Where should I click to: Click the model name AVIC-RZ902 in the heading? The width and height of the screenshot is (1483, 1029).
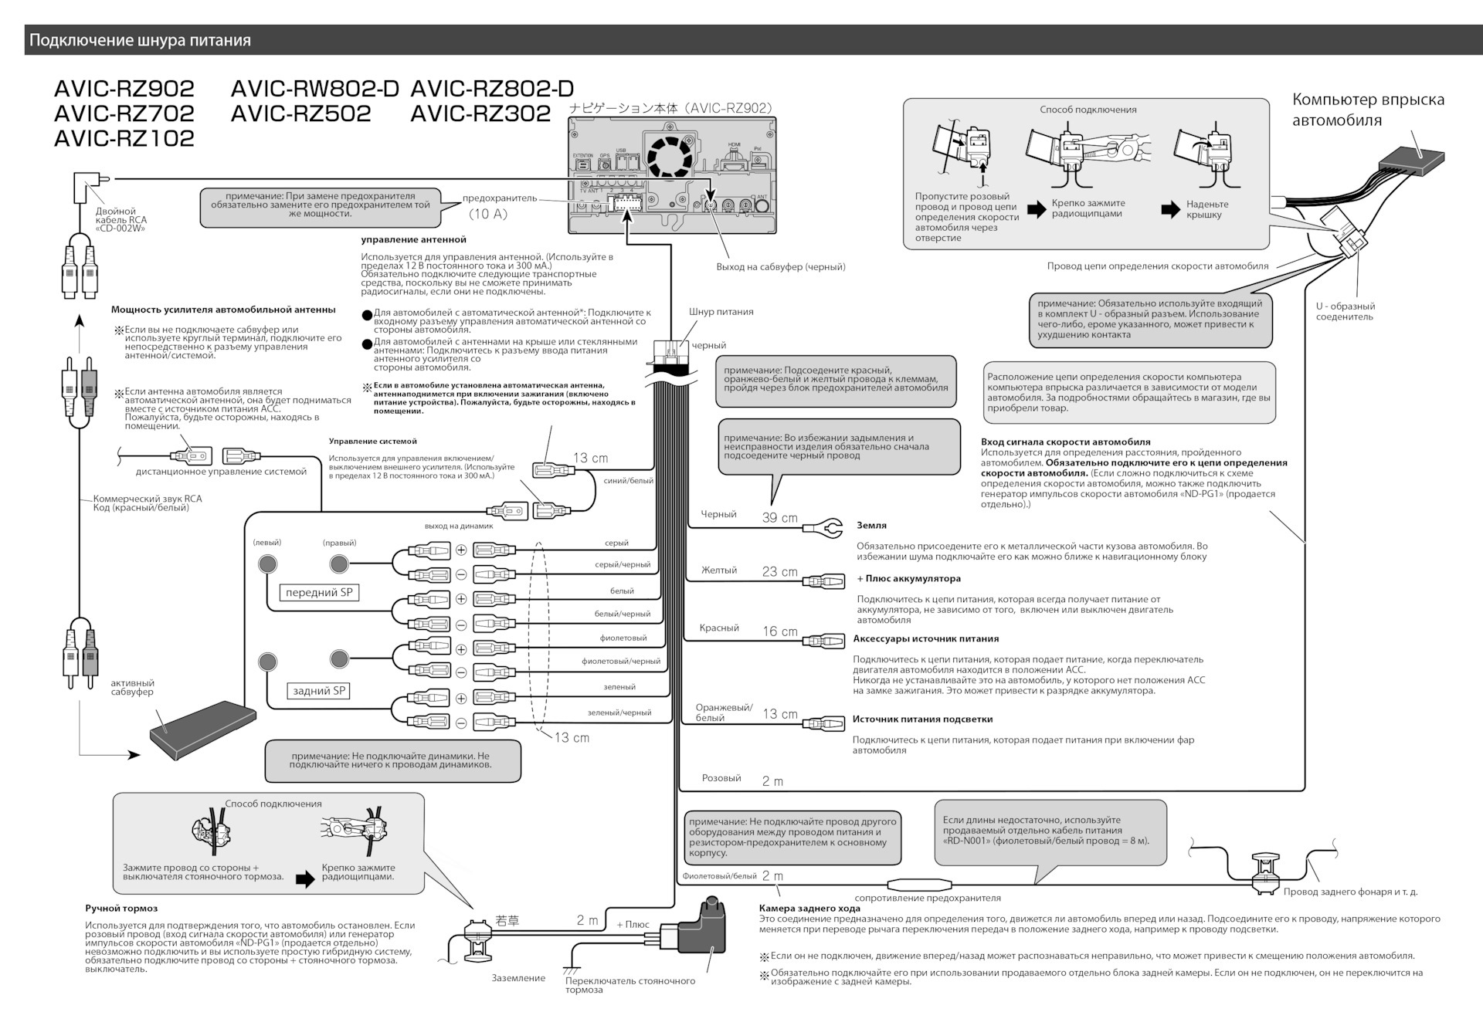[124, 89]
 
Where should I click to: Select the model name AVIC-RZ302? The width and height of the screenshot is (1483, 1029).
[480, 113]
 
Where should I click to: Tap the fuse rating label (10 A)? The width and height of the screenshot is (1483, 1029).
[488, 214]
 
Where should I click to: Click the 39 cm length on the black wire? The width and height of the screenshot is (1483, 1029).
[779, 518]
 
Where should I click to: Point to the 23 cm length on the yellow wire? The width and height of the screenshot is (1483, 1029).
[779, 572]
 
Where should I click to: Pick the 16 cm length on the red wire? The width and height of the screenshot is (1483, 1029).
[779, 631]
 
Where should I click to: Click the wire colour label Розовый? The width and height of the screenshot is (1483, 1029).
[721, 778]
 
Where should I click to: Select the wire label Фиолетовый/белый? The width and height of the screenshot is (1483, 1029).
[719, 876]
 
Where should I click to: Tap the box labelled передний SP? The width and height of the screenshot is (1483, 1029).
[319, 593]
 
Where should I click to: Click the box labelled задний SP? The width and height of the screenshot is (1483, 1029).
[319, 691]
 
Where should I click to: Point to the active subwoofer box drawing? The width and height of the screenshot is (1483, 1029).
[202, 730]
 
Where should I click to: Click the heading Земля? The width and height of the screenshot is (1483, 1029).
[871, 526]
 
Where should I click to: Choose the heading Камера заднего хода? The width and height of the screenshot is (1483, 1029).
[809, 909]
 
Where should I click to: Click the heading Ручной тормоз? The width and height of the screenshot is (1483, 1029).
[121, 909]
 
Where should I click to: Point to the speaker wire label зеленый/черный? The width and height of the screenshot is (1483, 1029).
[619, 713]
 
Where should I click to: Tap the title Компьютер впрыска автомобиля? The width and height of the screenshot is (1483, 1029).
[1368, 110]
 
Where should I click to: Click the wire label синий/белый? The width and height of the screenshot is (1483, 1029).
[628, 481]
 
